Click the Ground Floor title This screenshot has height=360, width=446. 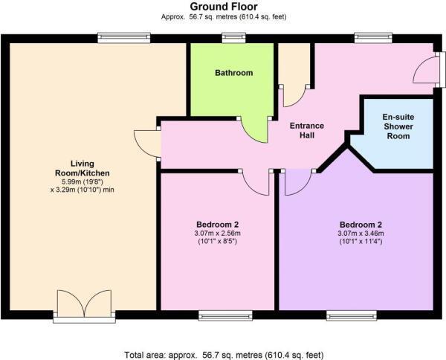pyautogui.click(x=223, y=6)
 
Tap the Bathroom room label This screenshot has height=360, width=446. pyautogui.click(x=233, y=73)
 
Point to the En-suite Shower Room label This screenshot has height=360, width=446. pyautogui.click(x=398, y=126)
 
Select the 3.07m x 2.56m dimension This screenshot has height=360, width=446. pyautogui.click(x=217, y=234)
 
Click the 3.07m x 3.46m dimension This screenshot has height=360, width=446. pyautogui.click(x=361, y=234)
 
